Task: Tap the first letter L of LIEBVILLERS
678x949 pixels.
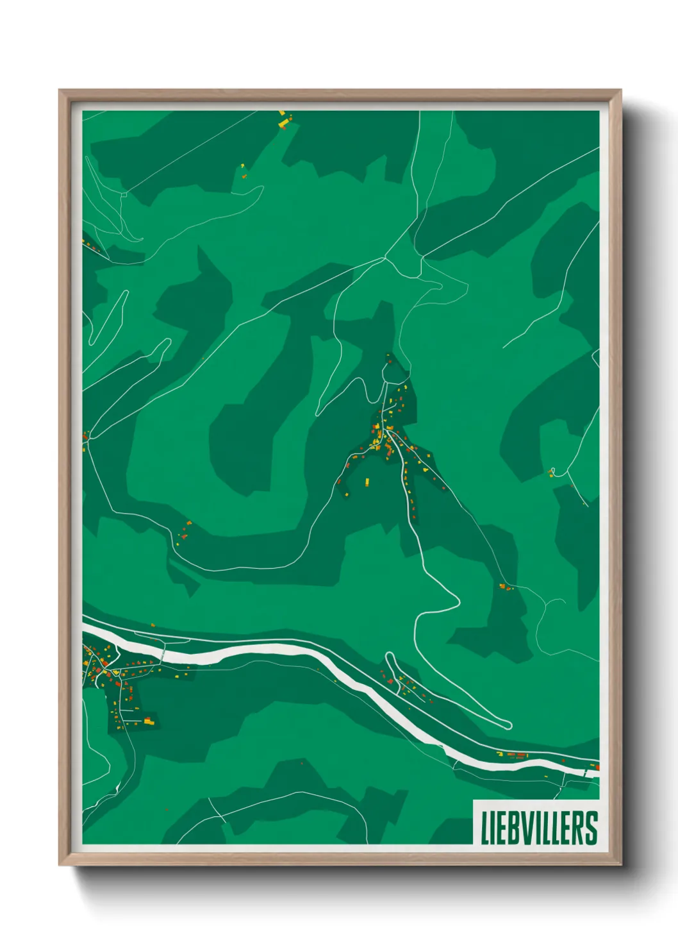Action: pyautogui.click(x=485, y=828)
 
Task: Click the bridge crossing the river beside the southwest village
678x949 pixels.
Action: pyautogui.click(x=164, y=654)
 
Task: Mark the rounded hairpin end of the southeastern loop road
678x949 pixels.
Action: pyautogui.click(x=508, y=725)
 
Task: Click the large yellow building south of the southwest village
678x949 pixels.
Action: pyautogui.click(x=149, y=721)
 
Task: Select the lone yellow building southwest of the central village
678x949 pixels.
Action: pyautogui.click(x=367, y=482)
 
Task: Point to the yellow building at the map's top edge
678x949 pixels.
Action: pyautogui.click(x=282, y=121)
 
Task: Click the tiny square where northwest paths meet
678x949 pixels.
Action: pyautogui.click(x=124, y=194)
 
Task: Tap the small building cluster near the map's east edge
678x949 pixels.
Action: pyautogui.click(x=552, y=473)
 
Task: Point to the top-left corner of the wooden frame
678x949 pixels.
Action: pyautogui.click(x=59, y=90)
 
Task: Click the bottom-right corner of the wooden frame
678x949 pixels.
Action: pyautogui.click(x=621, y=864)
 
